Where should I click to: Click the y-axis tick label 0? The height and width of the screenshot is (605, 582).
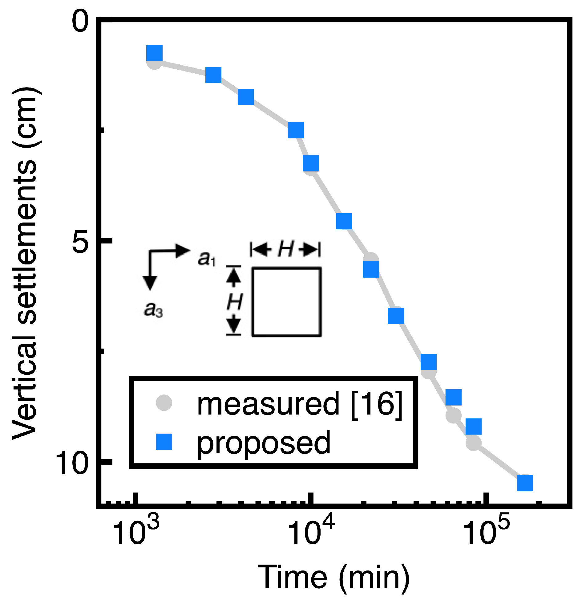80,21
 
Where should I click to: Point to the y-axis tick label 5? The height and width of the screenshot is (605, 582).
80,241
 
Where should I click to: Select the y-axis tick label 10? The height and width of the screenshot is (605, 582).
73,462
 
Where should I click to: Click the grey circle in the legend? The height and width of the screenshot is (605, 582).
164,403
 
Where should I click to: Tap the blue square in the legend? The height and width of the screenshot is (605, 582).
164,442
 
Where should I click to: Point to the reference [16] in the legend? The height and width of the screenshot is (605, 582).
377,404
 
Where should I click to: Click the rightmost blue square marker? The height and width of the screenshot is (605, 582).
525,483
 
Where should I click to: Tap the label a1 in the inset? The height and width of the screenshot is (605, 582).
207,258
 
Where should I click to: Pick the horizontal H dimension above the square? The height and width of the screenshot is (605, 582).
285,249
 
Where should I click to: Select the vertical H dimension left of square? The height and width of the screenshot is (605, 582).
234,301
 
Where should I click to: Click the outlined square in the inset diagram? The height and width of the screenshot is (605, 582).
286,301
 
